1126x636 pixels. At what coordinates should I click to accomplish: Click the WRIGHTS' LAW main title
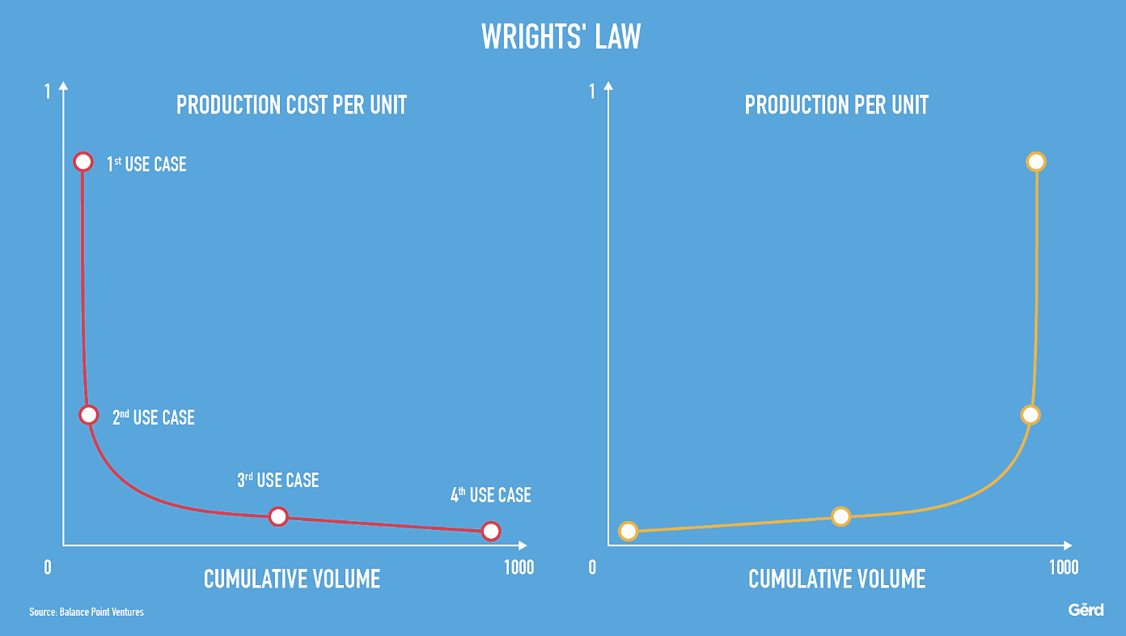pyautogui.click(x=561, y=37)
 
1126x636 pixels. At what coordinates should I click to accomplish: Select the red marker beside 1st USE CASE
pyautogui.click(x=83, y=161)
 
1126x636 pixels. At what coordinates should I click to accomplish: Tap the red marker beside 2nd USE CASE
pyautogui.click(x=89, y=414)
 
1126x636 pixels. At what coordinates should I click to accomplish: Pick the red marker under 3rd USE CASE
pyautogui.click(x=277, y=516)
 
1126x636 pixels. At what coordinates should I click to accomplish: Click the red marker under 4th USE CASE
pyautogui.click(x=490, y=531)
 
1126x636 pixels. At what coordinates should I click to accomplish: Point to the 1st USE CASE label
pyautogui.click(x=146, y=164)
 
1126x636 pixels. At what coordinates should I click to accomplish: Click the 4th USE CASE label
pyautogui.click(x=490, y=495)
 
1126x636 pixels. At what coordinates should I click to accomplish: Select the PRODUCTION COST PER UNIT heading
pyautogui.click(x=291, y=105)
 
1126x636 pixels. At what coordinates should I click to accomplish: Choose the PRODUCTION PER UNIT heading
pyautogui.click(x=836, y=105)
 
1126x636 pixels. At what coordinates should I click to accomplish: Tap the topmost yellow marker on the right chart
pyautogui.click(x=1036, y=161)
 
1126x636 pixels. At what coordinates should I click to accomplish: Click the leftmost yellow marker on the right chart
pyautogui.click(x=628, y=531)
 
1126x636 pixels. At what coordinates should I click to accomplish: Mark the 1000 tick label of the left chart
pyautogui.click(x=519, y=567)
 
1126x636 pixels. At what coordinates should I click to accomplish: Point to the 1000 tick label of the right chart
pyautogui.click(x=1063, y=567)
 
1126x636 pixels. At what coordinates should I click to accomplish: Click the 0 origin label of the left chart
pyautogui.click(x=48, y=567)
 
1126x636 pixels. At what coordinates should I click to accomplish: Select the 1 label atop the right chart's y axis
pyautogui.click(x=592, y=92)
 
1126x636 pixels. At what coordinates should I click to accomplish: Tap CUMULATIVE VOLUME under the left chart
pyautogui.click(x=291, y=579)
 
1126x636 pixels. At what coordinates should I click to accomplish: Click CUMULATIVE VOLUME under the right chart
pyautogui.click(x=836, y=579)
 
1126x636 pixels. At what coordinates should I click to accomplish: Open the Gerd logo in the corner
pyautogui.click(x=1086, y=610)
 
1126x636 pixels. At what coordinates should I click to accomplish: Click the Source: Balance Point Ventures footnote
pyautogui.click(x=87, y=612)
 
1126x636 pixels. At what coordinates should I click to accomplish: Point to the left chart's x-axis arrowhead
pyautogui.click(x=523, y=545)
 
